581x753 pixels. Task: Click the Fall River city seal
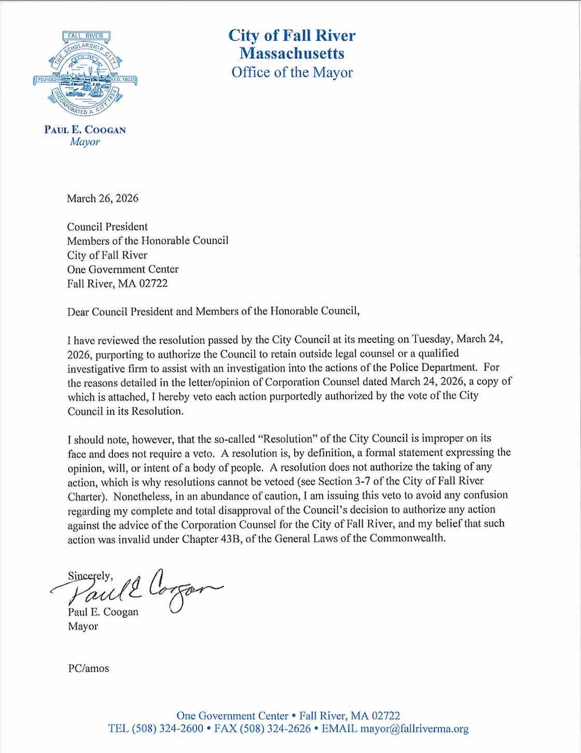(x=85, y=75)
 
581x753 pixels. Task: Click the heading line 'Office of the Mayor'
(x=292, y=72)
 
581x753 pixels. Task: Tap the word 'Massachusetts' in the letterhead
(x=292, y=53)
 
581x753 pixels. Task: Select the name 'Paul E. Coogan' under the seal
(x=85, y=130)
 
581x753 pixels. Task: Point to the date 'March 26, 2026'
(x=102, y=199)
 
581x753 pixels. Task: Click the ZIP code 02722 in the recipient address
(x=154, y=282)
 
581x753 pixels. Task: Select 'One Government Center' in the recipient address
(x=123, y=269)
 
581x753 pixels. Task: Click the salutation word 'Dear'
(x=78, y=310)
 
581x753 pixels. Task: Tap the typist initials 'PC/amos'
(x=88, y=668)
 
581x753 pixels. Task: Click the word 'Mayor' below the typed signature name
(x=82, y=626)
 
